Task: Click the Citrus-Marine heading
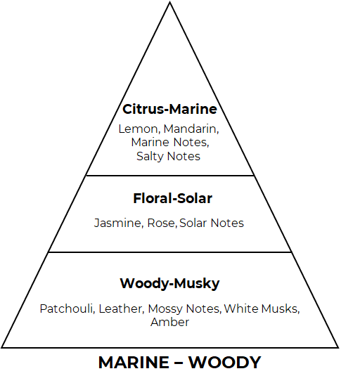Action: pyautogui.click(x=169, y=109)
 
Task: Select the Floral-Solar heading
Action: pyautogui.click(x=172, y=198)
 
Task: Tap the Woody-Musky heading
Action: pyautogui.click(x=169, y=284)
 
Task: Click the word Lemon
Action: pyautogui.click(x=139, y=129)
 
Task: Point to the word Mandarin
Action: pyautogui.click(x=190, y=129)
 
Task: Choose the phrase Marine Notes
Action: pyautogui.click(x=169, y=142)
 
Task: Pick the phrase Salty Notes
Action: pyautogui.click(x=168, y=156)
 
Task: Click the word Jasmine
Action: pyautogui.click(x=117, y=223)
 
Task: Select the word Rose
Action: pyautogui.click(x=161, y=223)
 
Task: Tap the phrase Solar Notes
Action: pyautogui.click(x=212, y=223)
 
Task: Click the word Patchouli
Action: pyautogui.click(x=66, y=309)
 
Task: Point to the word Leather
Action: pyautogui.click(x=120, y=309)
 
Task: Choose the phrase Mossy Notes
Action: pyautogui.click(x=184, y=309)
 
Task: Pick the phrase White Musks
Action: pyautogui.click(x=261, y=309)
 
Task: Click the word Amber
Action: pyautogui.click(x=169, y=322)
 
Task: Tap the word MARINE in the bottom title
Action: pyautogui.click(x=134, y=363)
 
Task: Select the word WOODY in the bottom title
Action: pyautogui.click(x=224, y=363)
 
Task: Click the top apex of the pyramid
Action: pyautogui.click(x=170, y=2)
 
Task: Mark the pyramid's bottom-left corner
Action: pyautogui.click(x=2, y=347)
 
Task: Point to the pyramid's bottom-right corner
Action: pyautogui.click(x=338, y=347)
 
